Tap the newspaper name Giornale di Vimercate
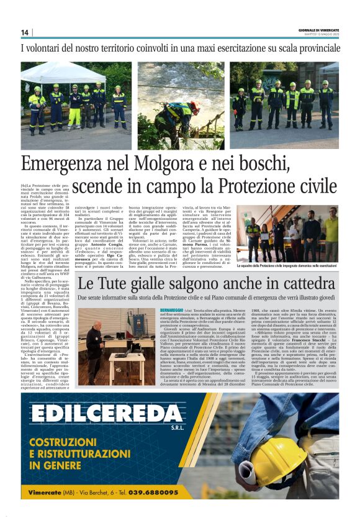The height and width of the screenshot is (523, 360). coord(316,29)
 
